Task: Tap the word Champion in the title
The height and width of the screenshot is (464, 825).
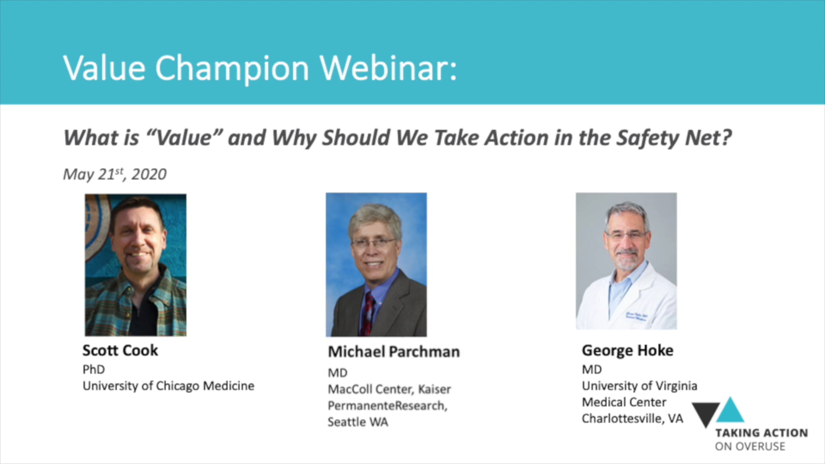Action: (232, 69)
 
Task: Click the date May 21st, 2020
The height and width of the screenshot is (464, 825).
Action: (115, 174)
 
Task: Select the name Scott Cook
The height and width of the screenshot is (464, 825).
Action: (120, 350)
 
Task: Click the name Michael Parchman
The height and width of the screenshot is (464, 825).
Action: (394, 352)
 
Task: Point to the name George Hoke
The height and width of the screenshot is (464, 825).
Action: (627, 350)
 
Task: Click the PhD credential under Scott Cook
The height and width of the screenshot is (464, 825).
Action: (93, 369)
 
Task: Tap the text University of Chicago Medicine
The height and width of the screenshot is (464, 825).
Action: (168, 386)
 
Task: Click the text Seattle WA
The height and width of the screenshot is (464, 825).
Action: (358, 422)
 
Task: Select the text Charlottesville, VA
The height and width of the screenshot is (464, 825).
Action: (632, 419)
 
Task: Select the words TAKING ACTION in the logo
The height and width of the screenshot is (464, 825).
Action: (762, 433)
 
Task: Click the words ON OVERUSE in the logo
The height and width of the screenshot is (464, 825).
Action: (750, 446)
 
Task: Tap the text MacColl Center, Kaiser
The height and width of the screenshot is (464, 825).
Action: (389, 389)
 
